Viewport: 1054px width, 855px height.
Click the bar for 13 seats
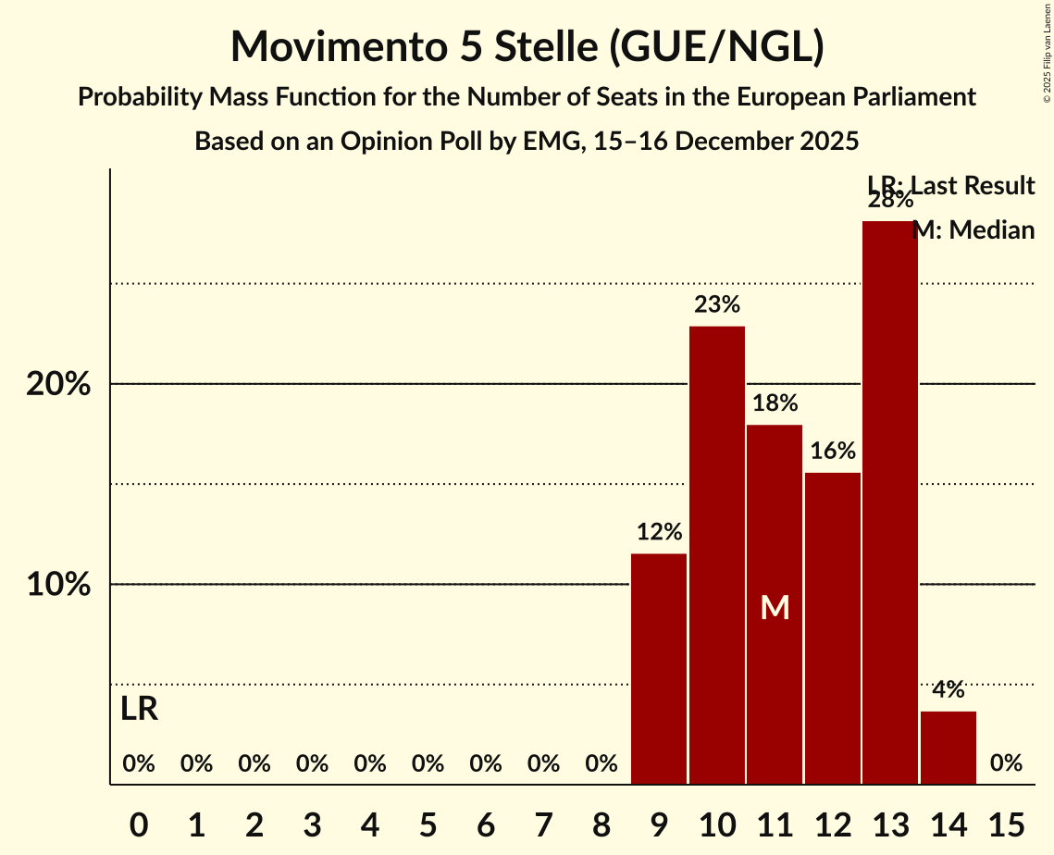pyautogui.click(x=890, y=502)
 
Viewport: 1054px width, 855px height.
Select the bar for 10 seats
pyautogui.click(x=717, y=555)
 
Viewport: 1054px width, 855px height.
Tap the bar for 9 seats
pyautogui.click(x=659, y=669)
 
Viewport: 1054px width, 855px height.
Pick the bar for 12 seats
pyautogui.click(x=833, y=628)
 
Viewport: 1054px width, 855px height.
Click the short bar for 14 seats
pyautogui.click(x=949, y=748)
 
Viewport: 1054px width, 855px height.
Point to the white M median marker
pyautogui.click(x=775, y=607)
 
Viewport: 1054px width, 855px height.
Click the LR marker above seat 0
pyautogui.click(x=139, y=710)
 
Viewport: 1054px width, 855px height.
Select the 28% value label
pyautogui.click(x=890, y=200)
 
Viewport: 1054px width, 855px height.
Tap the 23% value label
pyautogui.click(x=717, y=304)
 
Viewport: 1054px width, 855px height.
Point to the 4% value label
pyautogui.click(x=949, y=689)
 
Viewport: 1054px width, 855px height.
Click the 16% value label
pyautogui.click(x=833, y=452)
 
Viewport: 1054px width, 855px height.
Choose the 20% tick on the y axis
pyautogui.click(x=58, y=384)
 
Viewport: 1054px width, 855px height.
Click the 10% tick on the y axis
pyautogui.click(x=58, y=585)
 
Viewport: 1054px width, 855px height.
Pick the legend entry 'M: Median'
pyautogui.click(x=973, y=229)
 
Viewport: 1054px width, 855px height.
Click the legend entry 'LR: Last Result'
pyautogui.click(x=950, y=186)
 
